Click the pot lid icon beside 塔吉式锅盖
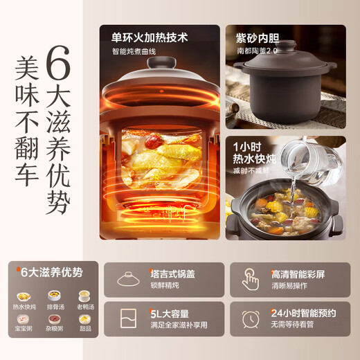pyautogui.click(x=129, y=280)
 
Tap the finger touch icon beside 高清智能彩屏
pyautogui.click(x=251, y=280)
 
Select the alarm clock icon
pyautogui.click(x=251, y=319)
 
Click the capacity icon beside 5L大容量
pyautogui.click(x=129, y=319)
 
